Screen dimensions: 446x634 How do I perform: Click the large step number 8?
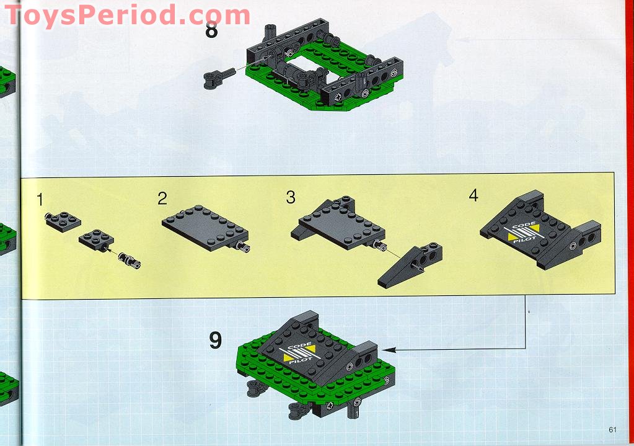pos(211,29)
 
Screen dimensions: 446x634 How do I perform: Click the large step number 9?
pos(215,340)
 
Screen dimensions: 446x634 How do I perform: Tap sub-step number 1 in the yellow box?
pos(40,199)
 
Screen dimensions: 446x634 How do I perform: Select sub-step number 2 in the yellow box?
pos(162,198)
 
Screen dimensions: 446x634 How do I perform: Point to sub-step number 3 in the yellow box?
pos(291,198)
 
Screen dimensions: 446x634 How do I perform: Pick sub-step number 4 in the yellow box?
pos(473,195)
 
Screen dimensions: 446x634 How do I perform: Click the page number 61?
pos(613,429)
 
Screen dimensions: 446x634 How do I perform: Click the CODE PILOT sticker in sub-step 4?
pos(523,231)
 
